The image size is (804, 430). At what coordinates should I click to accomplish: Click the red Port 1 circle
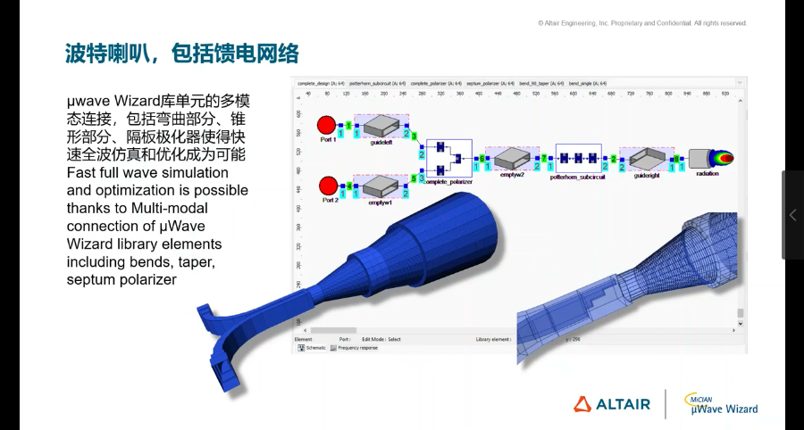(x=327, y=124)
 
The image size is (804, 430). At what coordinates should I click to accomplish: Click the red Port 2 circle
(x=327, y=186)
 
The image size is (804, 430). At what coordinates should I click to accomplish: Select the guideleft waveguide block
(x=381, y=126)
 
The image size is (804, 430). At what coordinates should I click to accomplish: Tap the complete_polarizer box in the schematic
(x=448, y=158)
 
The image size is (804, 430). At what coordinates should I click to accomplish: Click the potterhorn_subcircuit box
(x=578, y=158)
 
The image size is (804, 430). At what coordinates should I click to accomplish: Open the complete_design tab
(x=321, y=83)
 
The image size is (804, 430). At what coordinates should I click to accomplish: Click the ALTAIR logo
(x=612, y=404)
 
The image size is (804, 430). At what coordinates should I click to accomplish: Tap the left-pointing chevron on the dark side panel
(x=792, y=215)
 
